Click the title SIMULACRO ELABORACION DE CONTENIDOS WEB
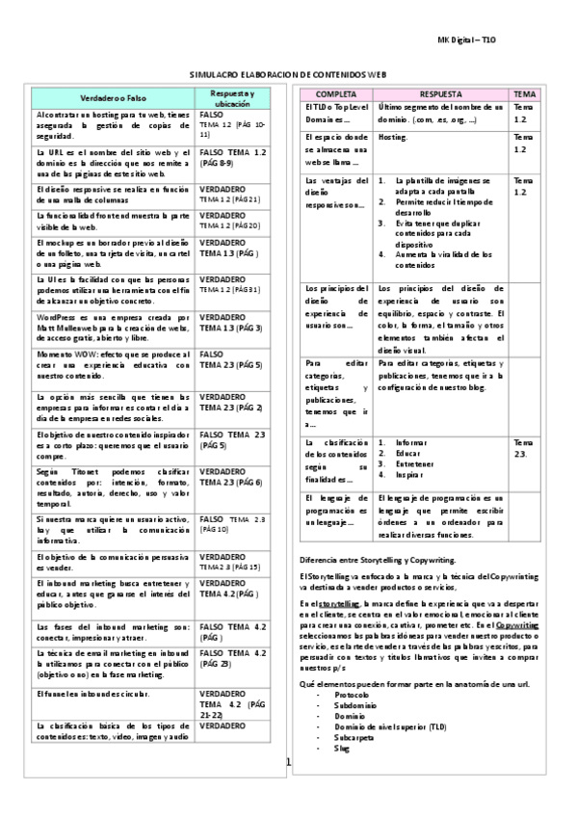click(x=288, y=73)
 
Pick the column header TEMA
click(x=524, y=94)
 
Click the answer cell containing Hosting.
click(x=392, y=138)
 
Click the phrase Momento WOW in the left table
click(x=60, y=355)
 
